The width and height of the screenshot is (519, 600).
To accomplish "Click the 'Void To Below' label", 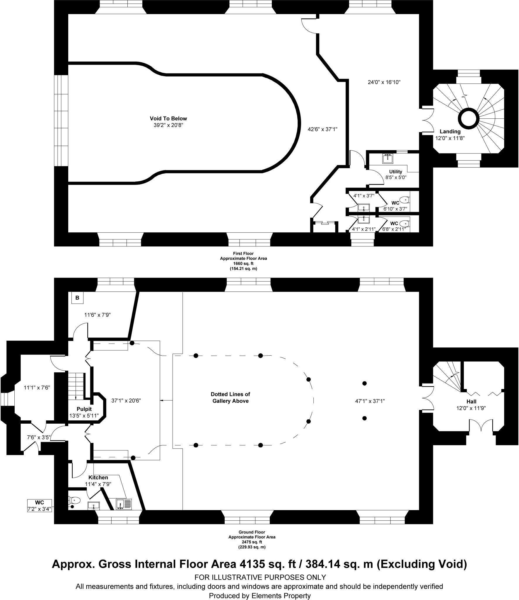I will coord(168,118).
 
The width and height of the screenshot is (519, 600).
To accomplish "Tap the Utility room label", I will coord(395,172).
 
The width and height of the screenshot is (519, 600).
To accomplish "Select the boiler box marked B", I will coord(77,298).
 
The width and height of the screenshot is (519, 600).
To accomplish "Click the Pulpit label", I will coord(84,409).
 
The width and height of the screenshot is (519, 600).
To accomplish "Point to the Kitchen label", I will coord(98,478).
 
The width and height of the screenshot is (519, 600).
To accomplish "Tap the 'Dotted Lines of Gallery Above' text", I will coord(230,398).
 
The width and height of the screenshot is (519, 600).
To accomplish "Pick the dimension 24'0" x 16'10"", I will coord(384,82).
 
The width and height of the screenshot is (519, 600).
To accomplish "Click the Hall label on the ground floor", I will coord(472,402).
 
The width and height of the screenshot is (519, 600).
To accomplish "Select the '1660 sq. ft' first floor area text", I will coord(243,264).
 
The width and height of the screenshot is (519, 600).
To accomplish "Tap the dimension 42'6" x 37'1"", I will coord(322,129).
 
